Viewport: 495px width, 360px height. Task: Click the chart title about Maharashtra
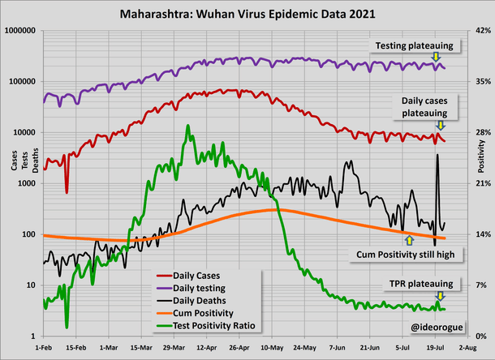[x=247, y=14]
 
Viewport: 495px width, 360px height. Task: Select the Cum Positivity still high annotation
[x=410, y=254]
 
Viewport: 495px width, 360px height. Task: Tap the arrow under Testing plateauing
[x=437, y=57]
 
